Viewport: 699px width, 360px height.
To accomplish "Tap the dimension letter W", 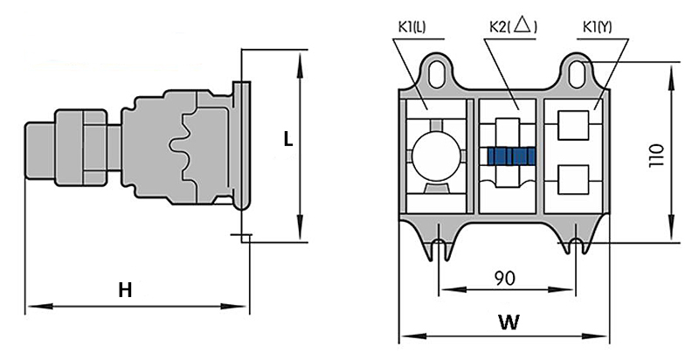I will coord(508,322).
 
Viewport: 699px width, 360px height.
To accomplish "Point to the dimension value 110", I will coord(657,155).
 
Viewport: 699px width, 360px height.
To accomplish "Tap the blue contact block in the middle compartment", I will coord(511,156).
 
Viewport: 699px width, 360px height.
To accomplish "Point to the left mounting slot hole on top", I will coord(438,71).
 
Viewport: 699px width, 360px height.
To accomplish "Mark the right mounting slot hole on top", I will coord(578,71).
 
